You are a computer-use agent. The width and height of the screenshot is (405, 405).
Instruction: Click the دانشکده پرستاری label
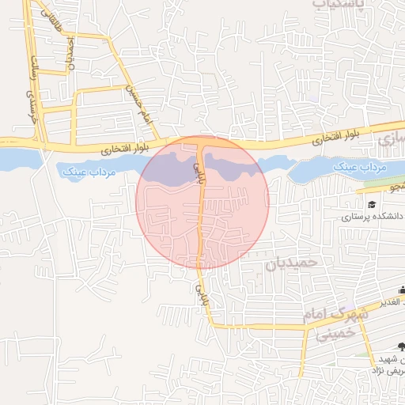tap(373, 216)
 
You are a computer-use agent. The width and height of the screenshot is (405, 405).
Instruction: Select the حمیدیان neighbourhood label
tap(293, 261)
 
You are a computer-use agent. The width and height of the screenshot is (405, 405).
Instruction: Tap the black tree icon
tap(401, 346)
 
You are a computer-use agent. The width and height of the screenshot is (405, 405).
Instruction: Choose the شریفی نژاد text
tap(388, 370)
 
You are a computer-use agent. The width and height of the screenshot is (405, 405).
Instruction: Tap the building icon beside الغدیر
tap(403, 290)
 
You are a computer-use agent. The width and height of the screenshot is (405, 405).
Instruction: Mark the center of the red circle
tap(202, 202)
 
